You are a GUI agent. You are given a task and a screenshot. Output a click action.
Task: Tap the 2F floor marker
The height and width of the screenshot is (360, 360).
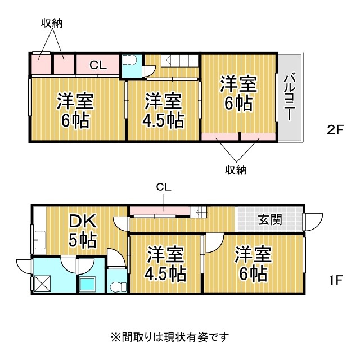(x=335, y=130)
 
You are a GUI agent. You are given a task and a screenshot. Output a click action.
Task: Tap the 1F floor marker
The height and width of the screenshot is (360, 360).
(x=336, y=280)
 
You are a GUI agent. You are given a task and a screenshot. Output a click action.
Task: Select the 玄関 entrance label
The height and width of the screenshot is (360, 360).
(x=270, y=220)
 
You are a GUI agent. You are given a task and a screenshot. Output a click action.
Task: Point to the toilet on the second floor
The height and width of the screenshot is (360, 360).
(x=130, y=60)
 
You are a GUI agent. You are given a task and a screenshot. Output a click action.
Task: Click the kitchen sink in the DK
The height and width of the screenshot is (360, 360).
(x=40, y=240)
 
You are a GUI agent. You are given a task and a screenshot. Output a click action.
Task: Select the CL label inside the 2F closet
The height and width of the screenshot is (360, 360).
(x=98, y=65)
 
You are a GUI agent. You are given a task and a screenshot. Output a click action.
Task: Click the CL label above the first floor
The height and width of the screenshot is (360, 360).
(x=164, y=187)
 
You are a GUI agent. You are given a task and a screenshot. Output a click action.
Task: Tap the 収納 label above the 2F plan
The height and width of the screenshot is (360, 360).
(x=52, y=23)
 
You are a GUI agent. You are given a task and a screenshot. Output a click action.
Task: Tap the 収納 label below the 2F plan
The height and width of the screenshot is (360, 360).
(x=236, y=170)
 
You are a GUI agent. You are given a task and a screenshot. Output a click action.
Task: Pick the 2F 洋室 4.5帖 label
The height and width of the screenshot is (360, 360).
(x=163, y=110)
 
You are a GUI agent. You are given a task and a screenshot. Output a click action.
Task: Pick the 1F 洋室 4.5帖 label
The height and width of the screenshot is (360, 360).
(x=165, y=264)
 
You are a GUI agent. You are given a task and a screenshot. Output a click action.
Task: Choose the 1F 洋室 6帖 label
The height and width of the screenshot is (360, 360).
(x=253, y=264)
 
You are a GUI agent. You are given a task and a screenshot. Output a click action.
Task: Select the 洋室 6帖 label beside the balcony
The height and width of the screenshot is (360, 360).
(x=238, y=94)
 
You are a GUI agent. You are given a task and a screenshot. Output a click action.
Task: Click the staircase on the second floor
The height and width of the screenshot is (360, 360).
(x=179, y=61)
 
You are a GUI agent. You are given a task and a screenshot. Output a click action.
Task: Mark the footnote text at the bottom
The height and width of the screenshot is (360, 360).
(x=170, y=337)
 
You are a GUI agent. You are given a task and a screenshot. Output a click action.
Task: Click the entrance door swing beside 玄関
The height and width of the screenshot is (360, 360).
(x=314, y=222)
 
